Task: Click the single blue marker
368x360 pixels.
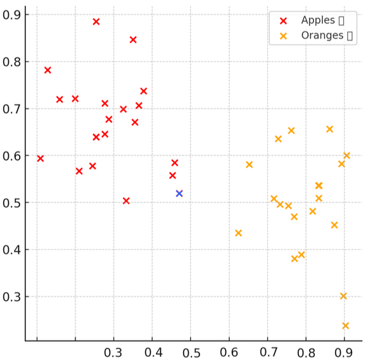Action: point(179,194)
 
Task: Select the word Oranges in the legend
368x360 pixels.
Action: point(322,35)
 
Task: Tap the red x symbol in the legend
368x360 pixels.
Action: point(283,20)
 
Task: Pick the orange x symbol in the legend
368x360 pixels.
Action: point(283,35)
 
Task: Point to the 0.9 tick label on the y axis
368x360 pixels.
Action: point(13,15)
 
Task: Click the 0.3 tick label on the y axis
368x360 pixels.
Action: point(13,297)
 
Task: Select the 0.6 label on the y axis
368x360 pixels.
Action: point(13,156)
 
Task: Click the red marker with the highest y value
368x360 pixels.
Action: point(96,22)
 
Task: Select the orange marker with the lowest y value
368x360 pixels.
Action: point(346,326)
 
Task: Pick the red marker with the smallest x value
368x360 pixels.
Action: point(41,158)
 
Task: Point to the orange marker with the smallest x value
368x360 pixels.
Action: point(238,233)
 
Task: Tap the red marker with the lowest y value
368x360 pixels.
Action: point(126,201)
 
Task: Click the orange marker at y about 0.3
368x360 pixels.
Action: point(343,296)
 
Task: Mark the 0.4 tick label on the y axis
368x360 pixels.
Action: point(13,250)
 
